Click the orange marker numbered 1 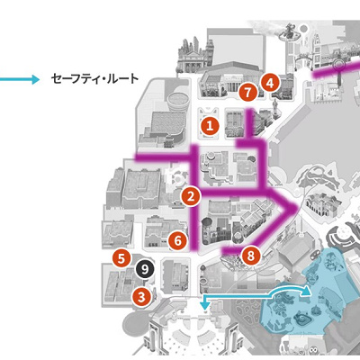point(210,127)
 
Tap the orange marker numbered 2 point(190,195)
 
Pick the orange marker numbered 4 point(268,83)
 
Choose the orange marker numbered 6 point(178,240)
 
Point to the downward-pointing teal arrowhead point(205,307)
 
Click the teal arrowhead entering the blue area point(307,292)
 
